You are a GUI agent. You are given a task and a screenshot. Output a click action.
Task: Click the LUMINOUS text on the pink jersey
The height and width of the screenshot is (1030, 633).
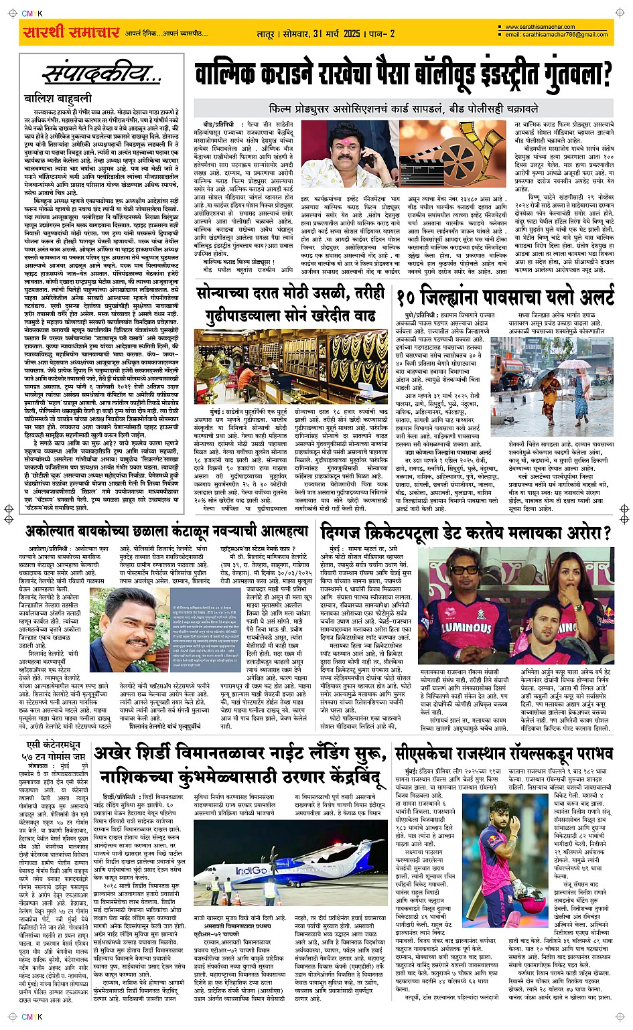click(x=466, y=628)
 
